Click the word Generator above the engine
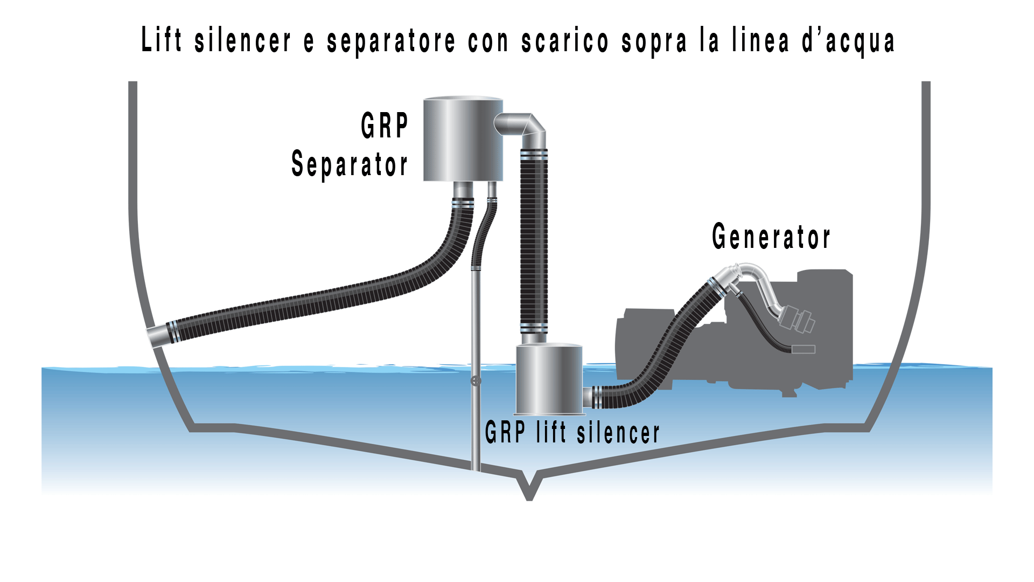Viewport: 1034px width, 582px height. click(771, 237)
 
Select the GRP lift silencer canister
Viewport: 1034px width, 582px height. click(549, 380)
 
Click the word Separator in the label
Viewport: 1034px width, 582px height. click(349, 165)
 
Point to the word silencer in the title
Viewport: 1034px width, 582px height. click(243, 41)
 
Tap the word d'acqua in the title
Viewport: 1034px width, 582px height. click(849, 41)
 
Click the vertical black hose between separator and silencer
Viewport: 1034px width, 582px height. click(534, 242)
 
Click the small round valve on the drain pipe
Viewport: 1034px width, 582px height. click(476, 382)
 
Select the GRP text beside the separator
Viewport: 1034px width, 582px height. click(385, 126)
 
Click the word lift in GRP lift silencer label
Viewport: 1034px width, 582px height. click(551, 433)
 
